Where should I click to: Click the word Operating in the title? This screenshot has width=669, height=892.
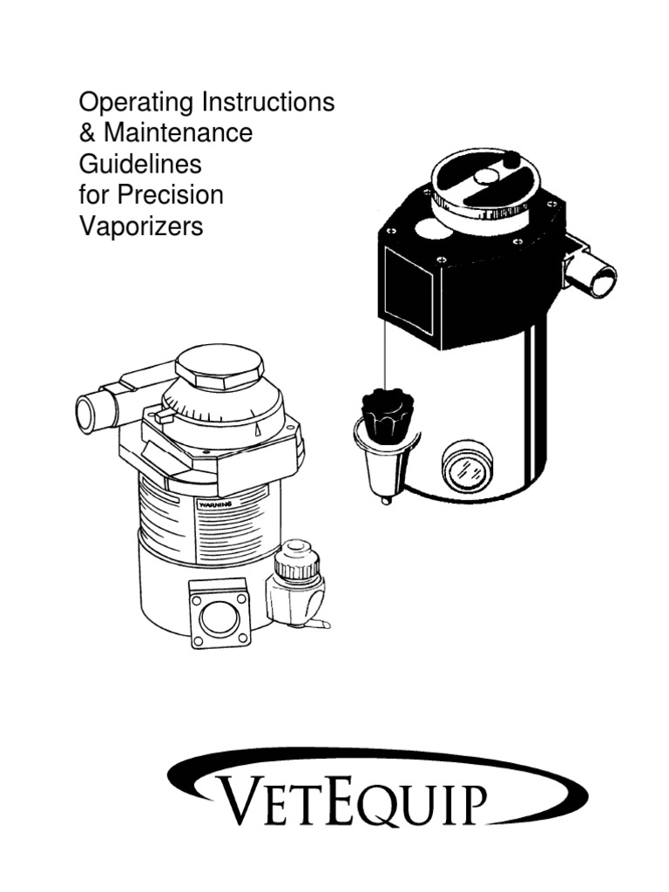tap(137, 104)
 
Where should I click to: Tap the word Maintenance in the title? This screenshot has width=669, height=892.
tap(178, 133)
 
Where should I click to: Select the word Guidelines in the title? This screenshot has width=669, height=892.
tap(140, 165)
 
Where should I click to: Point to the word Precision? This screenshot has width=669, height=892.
tap(171, 195)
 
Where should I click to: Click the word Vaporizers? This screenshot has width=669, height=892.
tap(141, 226)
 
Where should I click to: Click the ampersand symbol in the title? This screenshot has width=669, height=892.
tap(88, 133)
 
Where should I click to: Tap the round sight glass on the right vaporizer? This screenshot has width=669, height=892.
tap(467, 468)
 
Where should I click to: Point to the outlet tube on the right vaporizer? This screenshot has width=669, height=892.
tap(591, 274)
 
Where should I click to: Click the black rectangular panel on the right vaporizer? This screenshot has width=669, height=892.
tap(409, 291)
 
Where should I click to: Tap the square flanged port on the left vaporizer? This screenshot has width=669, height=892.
tap(220, 613)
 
